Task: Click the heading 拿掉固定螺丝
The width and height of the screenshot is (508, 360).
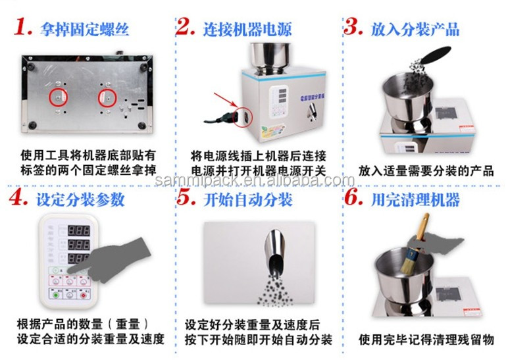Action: click(84, 29)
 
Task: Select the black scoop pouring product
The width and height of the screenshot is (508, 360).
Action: click(432, 59)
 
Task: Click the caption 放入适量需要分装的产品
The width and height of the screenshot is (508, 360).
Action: click(426, 171)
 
